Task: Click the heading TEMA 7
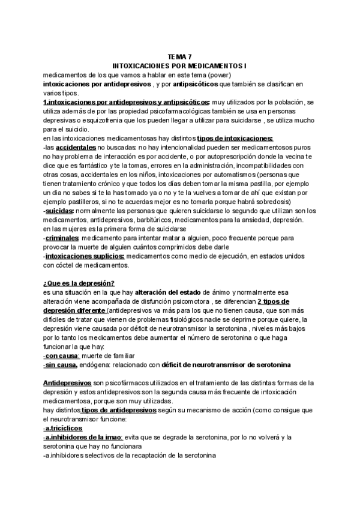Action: click(x=179, y=56)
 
